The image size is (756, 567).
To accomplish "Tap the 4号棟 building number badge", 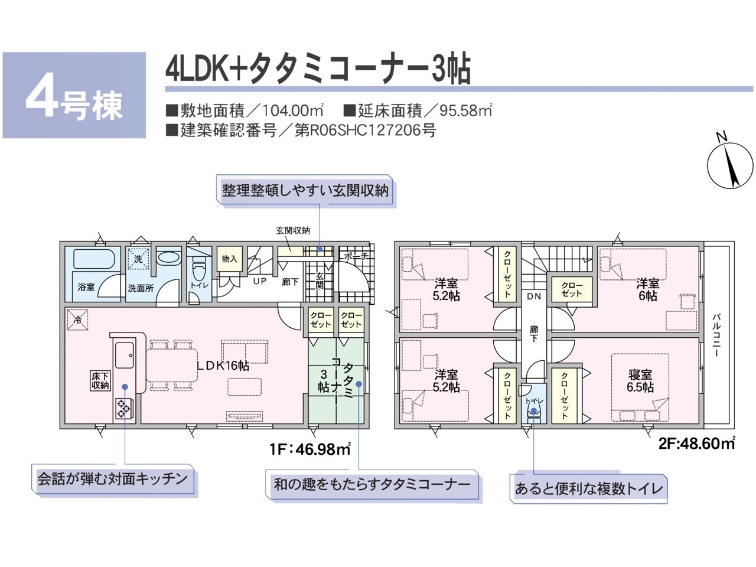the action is click(x=74, y=95).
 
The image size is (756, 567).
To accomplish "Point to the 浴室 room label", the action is click(x=86, y=286).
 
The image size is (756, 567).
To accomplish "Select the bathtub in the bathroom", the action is click(x=94, y=259).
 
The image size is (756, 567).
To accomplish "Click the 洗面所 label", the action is click(x=141, y=288).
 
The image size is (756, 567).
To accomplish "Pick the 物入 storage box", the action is click(x=229, y=259).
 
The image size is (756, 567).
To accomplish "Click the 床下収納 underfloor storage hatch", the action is click(x=100, y=380).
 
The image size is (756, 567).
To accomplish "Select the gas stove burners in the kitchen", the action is click(x=123, y=408).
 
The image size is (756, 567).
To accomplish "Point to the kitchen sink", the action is click(x=125, y=356).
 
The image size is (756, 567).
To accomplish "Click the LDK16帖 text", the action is click(x=223, y=366).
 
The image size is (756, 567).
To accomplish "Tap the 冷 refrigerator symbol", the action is click(x=78, y=320).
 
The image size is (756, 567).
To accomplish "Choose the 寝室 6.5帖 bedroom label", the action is click(x=640, y=381).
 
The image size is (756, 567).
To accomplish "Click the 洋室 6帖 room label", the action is click(x=647, y=289).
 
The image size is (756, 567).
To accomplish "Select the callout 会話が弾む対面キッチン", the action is click(x=112, y=479).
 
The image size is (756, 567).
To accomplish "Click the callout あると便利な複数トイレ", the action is click(x=589, y=489).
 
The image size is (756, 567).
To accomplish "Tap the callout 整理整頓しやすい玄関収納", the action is click(x=305, y=190).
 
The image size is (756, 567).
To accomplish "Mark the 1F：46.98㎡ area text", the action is click(x=310, y=449).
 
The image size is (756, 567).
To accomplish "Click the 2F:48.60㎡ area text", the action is click(x=696, y=443).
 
